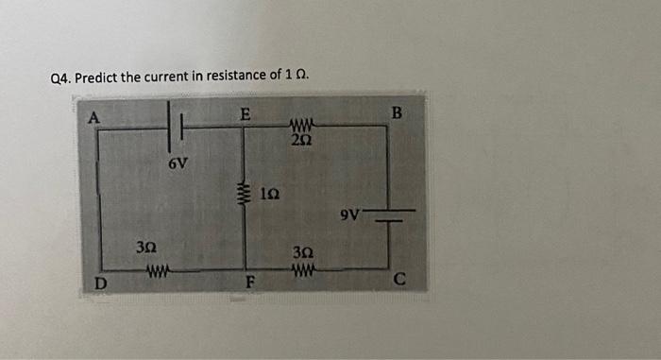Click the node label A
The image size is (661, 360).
(94, 117)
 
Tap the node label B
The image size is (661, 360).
(397, 114)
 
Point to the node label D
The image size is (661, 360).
(99, 282)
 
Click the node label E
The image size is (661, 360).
(245, 114)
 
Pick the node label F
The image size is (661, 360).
(250, 281)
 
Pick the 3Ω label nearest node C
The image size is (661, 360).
(302, 252)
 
